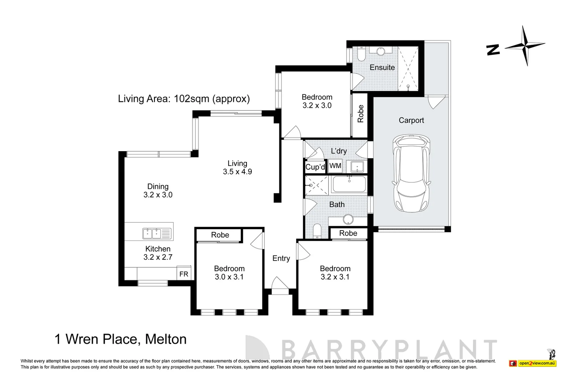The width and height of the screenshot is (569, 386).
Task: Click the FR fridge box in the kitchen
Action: tap(184, 274)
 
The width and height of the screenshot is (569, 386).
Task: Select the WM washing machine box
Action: tap(335, 166)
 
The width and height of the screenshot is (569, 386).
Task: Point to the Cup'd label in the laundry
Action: tap(315, 167)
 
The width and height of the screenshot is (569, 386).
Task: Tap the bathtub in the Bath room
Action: tap(349, 185)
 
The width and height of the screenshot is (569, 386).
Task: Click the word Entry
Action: tap(281, 258)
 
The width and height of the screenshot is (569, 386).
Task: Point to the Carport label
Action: tap(411, 120)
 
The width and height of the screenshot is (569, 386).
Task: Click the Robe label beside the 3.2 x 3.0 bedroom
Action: tap(360, 113)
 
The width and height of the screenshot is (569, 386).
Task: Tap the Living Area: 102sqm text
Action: tap(184, 99)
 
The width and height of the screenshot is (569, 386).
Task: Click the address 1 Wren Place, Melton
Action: tap(120, 339)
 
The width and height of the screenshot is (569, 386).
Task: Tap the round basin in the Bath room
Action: tap(348, 219)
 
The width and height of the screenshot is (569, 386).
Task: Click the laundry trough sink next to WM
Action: tap(357, 167)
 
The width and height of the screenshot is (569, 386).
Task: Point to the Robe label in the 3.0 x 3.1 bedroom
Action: tap(220, 235)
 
